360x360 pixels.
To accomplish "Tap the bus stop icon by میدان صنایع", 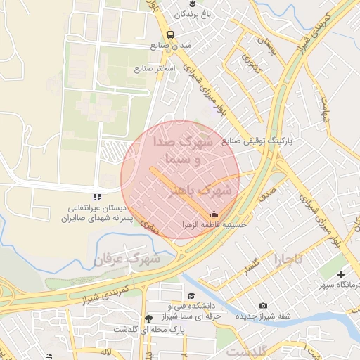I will tap(170, 34).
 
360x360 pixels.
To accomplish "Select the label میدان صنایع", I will tap(169, 46).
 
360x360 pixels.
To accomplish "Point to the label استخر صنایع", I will tap(155, 69).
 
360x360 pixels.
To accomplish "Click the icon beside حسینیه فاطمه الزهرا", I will tap(214, 214).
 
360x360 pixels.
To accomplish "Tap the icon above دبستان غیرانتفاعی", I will tap(97, 197).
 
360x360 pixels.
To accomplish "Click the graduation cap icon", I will tap(191, 295).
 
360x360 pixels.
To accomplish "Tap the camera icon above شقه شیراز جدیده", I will tap(263, 305).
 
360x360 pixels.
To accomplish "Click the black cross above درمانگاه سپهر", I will tap(341, 274).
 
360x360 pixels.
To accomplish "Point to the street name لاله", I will tap(106, 350).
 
